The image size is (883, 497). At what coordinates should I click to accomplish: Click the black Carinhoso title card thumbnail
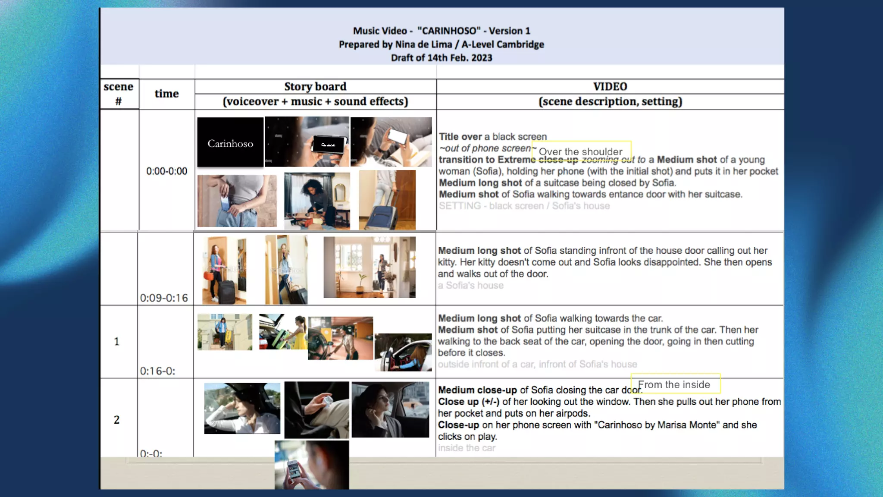tap(230, 142)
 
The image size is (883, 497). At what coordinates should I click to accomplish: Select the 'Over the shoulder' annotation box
tap(581, 151)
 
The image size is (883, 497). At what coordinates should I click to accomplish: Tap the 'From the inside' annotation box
tap(675, 384)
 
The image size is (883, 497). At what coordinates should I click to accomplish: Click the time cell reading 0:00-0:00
tap(167, 171)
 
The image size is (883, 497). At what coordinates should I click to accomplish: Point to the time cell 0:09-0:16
tap(164, 298)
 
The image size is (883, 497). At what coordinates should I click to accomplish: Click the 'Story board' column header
tap(315, 87)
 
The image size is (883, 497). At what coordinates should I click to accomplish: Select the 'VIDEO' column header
tap(610, 87)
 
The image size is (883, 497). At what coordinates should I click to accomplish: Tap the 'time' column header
tap(167, 94)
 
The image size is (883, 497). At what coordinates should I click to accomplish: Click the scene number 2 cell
tap(117, 420)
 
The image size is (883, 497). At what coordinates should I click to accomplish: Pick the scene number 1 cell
tap(117, 342)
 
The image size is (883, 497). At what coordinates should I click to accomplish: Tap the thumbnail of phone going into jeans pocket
tap(237, 201)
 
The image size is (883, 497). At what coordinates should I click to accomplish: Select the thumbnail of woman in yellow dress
tap(283, 332)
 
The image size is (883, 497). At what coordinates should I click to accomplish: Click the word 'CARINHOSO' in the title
tap(449, 31)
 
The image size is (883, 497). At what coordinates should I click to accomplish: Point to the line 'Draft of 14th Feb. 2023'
tap(441, 58)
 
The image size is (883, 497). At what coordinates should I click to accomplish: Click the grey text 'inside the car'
tap(467, 448)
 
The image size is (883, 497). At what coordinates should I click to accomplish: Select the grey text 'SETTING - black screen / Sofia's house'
tap(524, 206)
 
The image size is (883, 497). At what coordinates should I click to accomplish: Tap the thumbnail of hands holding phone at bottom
tap(312, 465)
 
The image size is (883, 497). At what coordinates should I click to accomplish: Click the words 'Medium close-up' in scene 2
tap(477, 390)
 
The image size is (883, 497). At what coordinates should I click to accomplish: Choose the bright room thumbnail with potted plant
tap(369, 267)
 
